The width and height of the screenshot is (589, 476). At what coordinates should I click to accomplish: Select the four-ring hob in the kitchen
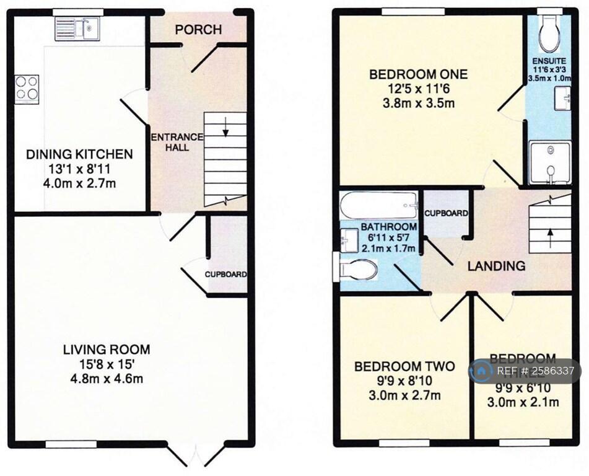[26, 87]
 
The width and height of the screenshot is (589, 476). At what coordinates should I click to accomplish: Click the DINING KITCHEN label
[79, 154]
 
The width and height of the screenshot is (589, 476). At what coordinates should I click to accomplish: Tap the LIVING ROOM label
[107, 350]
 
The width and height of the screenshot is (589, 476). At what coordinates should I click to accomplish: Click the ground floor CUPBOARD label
[227, 275]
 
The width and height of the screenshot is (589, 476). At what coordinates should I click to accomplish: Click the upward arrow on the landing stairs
[551, 234]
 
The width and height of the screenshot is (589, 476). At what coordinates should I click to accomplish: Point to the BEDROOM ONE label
[419, 75]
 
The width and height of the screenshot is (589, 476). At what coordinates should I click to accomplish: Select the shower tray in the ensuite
[550, 162]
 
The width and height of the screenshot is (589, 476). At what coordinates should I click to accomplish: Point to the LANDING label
[496, 266]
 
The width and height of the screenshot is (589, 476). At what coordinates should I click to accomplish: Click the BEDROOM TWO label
[404, 366]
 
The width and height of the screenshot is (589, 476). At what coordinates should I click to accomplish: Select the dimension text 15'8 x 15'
[107, 364]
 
